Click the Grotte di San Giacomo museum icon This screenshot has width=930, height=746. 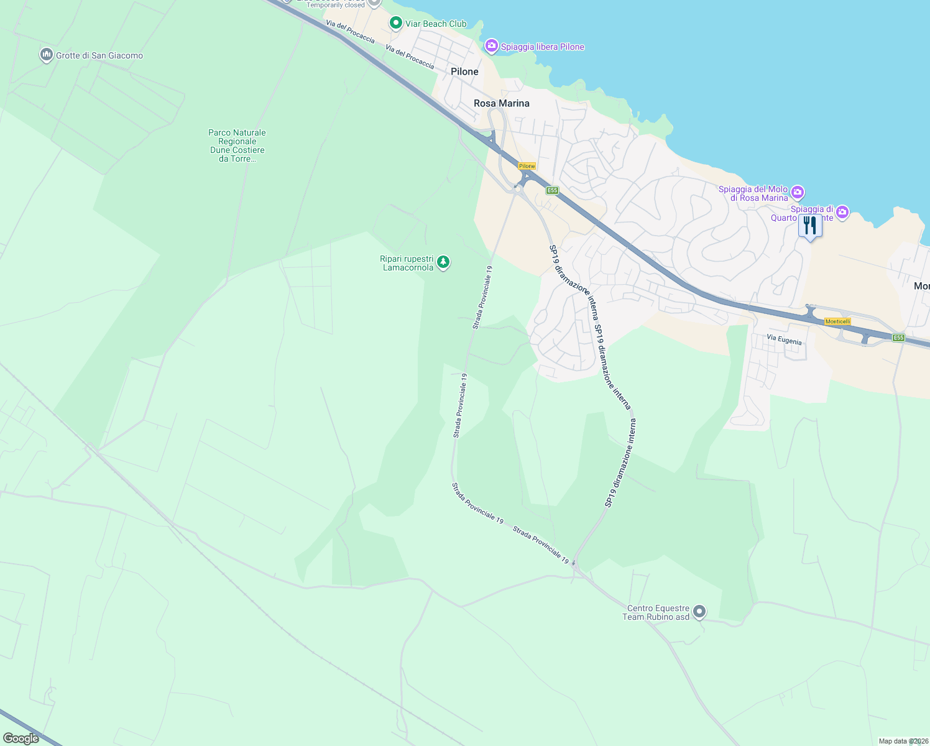pyautogui.click(x=46, y=55)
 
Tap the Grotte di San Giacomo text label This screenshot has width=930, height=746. pyautogui.click(x=99, y=55)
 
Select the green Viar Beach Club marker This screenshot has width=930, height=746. pyautogui.click(x=395, y=24)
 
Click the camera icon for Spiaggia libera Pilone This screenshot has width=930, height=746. pyautogui.click(x=492, y=46)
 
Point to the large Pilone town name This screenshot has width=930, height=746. pyautogui.click(x=464, y=71)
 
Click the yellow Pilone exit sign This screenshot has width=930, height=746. pyautogui.click(x=527, y=166)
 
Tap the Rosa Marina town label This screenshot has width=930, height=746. pyautogui.click(x=501, y=103)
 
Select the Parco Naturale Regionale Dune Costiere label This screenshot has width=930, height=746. pyautogui.click(x=237, y=145)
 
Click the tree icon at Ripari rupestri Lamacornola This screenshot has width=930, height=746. pyautogui.click(x=443, y=262)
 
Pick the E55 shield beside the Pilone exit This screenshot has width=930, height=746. pyautogui.click(x=552, y=190)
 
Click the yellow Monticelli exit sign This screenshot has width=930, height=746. pyautogui.click(x=837, y=321)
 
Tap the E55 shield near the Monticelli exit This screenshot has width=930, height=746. pyautogui.click(x=898, y=338)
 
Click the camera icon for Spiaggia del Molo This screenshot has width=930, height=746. pyautogui.click(x=798, y=193)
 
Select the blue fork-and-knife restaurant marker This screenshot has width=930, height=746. pyautogui.click(x=810, y=225)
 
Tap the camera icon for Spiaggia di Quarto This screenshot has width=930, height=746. pyautogui.click(x=842, y=213)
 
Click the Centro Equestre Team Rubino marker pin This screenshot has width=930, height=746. pyautogui.click(x=699, y=612)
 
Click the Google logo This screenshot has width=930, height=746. pyautogui.click(x=21, y=739)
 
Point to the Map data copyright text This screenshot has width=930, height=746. pyautogui.click(x=903, y=741)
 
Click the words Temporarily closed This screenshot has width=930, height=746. pyautogui.click(x=336, y=5)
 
